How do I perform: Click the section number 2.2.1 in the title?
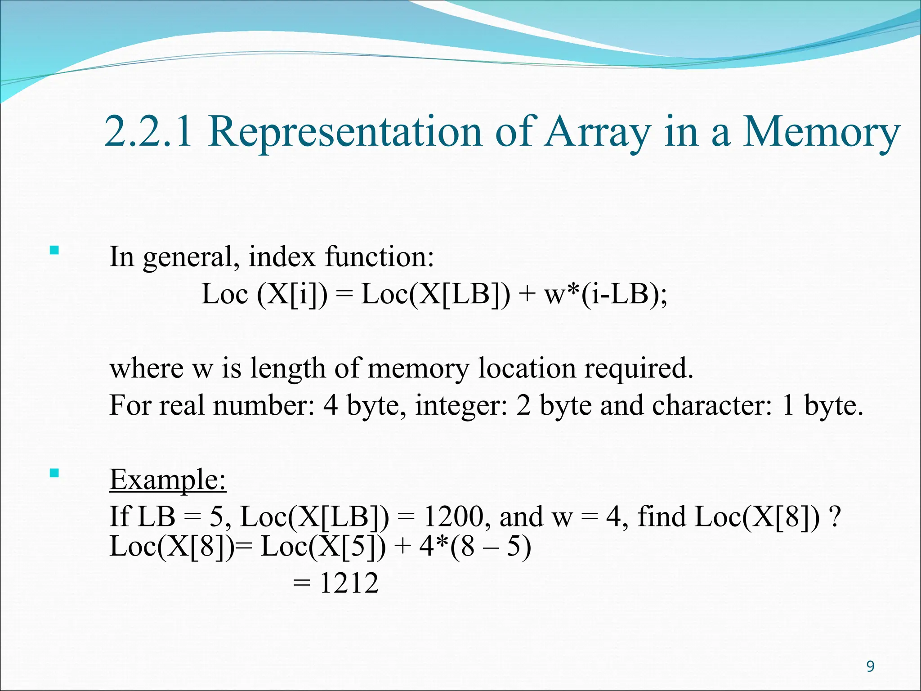(x=148, y=132)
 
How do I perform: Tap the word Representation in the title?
(x=344, y=132)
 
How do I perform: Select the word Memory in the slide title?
(x=821, y=132)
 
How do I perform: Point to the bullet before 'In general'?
(x=54, y=250)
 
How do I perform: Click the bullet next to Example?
(x=54, y=473)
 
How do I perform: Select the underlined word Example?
(x=168, y=479)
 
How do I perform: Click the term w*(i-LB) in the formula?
(x=605, y=294)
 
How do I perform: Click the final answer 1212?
(x=349, y=583)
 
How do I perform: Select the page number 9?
(x=870, y=666)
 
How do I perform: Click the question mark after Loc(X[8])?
(x=835, y=516)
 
